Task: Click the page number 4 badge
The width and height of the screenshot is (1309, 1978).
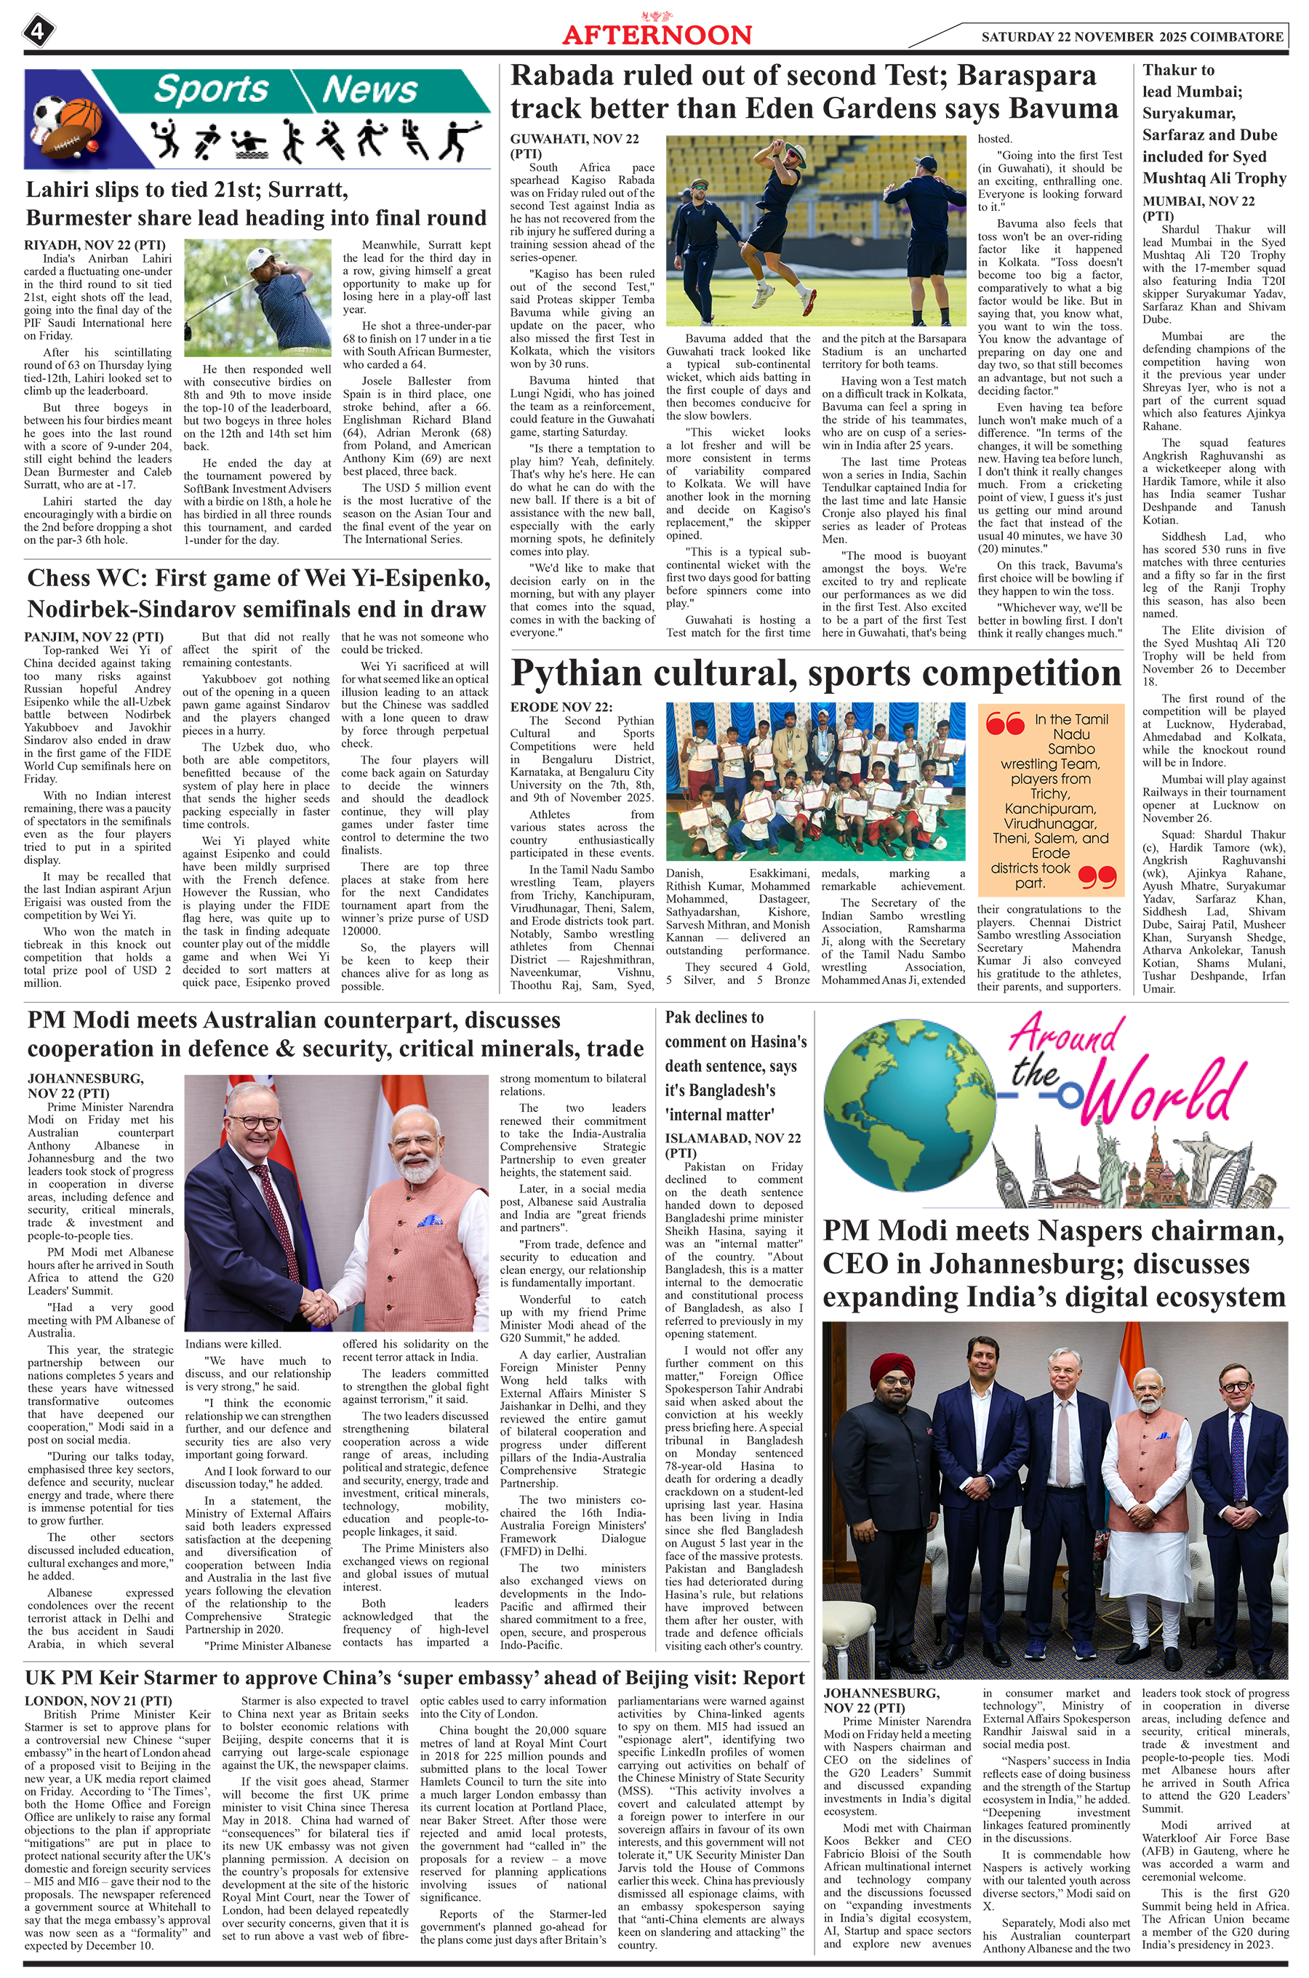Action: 39,32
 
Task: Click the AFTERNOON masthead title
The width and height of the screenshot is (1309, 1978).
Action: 656,34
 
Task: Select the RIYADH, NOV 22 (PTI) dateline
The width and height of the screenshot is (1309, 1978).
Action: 95,245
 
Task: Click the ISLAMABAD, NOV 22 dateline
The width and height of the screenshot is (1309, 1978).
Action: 732,1137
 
